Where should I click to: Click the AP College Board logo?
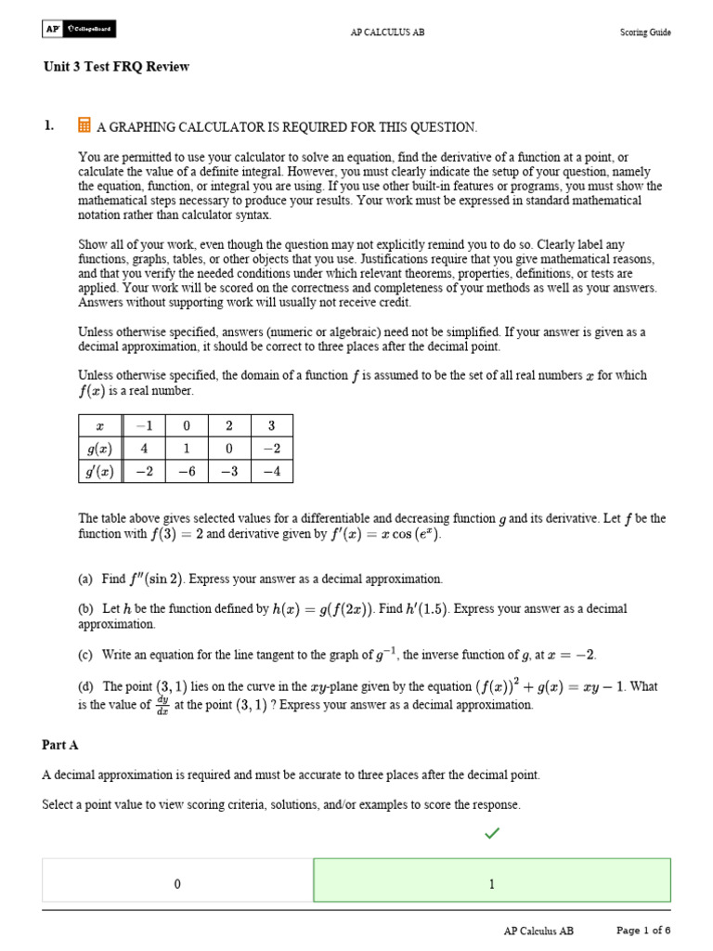[78, 31]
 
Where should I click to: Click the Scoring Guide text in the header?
[645, 33]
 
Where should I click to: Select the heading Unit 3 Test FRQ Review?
[116, 67]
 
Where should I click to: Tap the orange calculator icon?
[84, 125]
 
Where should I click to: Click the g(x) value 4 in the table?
[144, 449]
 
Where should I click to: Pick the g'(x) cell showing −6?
[186, 472]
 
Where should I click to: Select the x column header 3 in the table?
[271, 425]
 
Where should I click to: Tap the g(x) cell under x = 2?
[228, 449]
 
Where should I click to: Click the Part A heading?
[60, 745]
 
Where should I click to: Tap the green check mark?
[491, 834]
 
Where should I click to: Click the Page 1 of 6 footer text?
[643, 930]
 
